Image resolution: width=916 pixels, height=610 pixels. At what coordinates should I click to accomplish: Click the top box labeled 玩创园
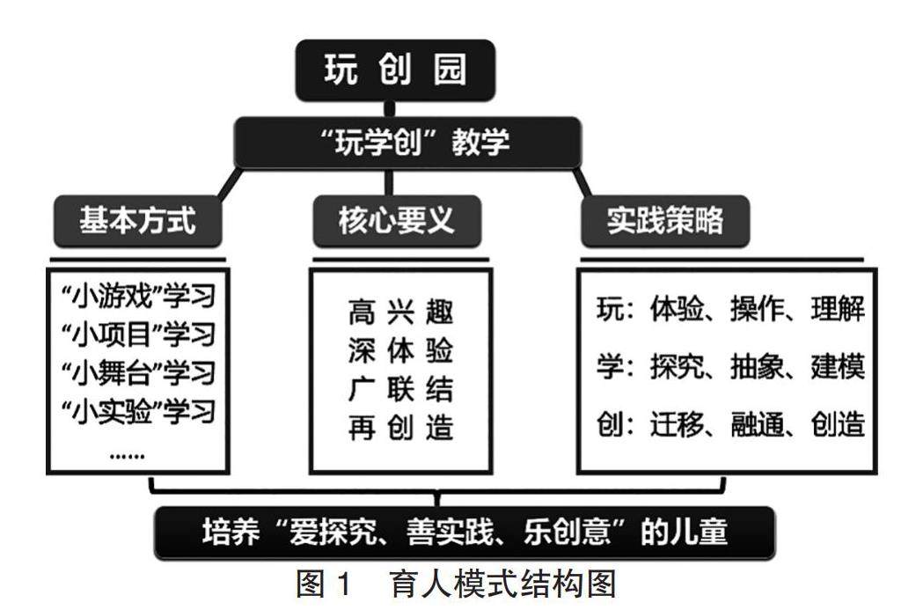(x=395, y=70)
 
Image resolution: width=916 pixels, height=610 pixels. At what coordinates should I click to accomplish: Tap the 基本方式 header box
(x=137, y=221)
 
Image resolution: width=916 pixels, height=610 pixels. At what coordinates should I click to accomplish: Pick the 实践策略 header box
(x=664, y=221)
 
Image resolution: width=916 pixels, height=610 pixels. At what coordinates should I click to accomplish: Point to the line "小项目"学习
(x=138, y=334)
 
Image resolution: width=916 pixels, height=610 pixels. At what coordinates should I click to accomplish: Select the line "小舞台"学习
(x=138, y=372)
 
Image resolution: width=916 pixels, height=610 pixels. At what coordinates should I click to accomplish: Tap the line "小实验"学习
(x=138, y=410)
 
